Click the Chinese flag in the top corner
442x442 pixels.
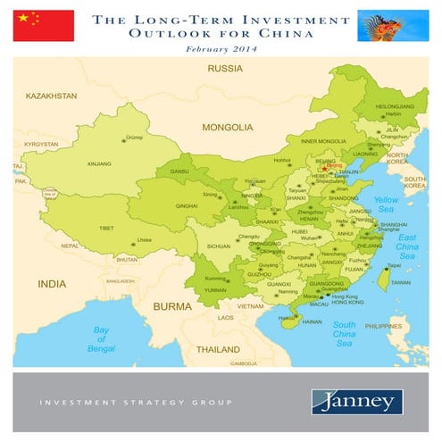(43, 26)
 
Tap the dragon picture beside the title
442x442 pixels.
(393, 26)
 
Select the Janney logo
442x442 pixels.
(356, 402)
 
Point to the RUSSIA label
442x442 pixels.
(224, 69)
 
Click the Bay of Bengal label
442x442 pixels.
(103, 339)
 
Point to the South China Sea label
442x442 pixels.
(345, 334)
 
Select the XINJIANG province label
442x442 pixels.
(98, 164)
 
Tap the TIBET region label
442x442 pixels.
(106, 229)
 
